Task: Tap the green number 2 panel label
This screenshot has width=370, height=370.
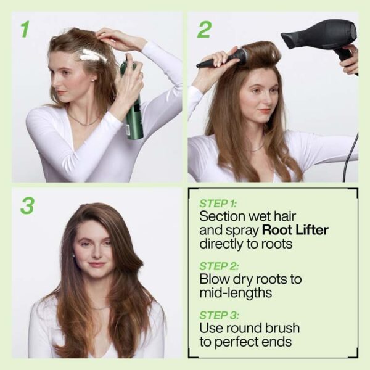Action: click(x=204, y=29)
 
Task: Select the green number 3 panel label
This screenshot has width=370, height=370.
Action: click(x=27, y=205)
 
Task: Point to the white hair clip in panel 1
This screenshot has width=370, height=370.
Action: click(x=93, y=56)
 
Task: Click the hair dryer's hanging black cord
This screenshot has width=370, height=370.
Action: click(x=350, y=154)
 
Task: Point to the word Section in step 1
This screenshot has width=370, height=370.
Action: click(x=221, y=216)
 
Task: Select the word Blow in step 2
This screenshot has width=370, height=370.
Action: click(x=213, y=279)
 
